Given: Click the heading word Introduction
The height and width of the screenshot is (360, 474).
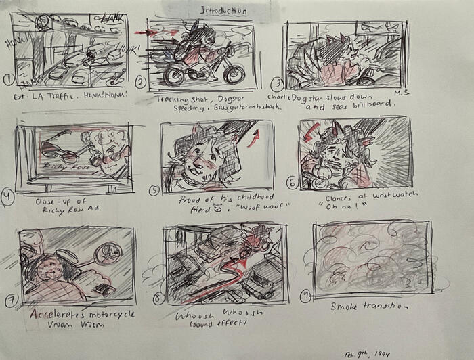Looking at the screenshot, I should coord(223,11).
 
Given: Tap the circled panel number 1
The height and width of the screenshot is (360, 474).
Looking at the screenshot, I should coord(8,80).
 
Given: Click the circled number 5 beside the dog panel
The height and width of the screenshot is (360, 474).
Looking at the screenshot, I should coord(155,190).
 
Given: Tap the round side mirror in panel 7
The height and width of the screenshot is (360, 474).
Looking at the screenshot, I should coord(106,255).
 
